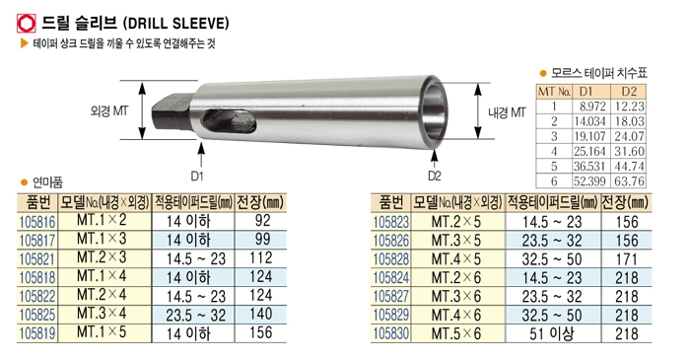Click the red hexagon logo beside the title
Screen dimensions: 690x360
pyautogui.click(x=26, y=23)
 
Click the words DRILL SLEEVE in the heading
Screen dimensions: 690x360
pyautogui.click(x=176, y=23)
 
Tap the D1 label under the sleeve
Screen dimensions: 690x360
pyautogui.click(x=197, y=176)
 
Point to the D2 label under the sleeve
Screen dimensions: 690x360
pyautogui.click(x=434, y=176)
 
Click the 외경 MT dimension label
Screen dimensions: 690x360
pyautogui.click(x=109, y=110)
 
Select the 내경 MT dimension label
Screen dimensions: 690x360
pyautogui.click(x=507, y=112)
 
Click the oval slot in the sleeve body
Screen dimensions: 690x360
pyautogui.click(x=229, y=120)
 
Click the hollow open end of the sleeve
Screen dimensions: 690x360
pyautogui.click(x=435, y=112)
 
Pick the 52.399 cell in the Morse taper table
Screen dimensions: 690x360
pyautogui.click(x=589, y=180)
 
